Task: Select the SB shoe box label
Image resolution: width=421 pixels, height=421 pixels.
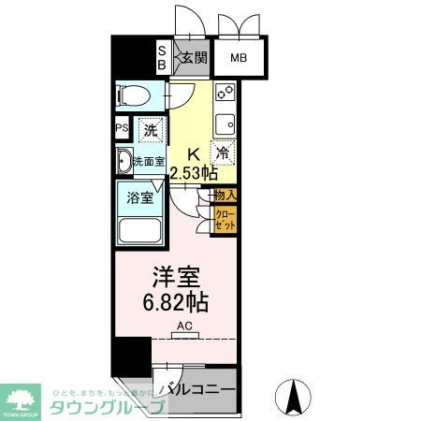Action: (161, 58)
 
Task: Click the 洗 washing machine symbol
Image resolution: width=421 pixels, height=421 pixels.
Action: (150, 130)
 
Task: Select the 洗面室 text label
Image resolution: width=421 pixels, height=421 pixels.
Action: (148, 162)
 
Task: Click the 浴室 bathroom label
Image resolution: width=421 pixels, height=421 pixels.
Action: (138, 197)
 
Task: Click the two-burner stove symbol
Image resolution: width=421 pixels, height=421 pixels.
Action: (225, 93)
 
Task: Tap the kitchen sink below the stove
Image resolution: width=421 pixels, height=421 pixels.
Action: (225, 123)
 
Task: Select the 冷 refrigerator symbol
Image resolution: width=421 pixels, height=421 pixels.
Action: (223, 152)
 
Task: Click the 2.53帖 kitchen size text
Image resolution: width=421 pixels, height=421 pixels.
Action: (194, 173)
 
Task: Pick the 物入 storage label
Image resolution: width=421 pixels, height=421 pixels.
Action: (225, 195)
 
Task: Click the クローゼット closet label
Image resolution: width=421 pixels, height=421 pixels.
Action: (225, 221)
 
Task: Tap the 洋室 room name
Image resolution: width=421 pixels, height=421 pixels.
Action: (175, 279)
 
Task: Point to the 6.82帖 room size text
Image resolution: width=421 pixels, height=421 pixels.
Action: (176, 303)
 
